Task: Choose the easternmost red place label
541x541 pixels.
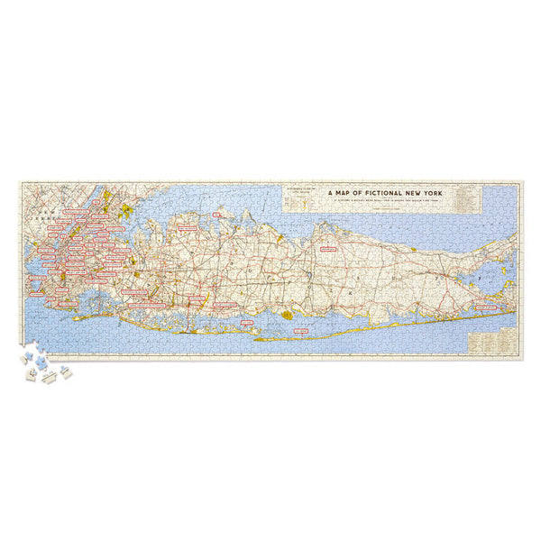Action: pyautogui.click(x=488, y=307)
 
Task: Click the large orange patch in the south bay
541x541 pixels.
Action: pyautogui.click(x=289, y=316)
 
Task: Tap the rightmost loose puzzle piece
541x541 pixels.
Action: pyautogui.click(x=68, y=372)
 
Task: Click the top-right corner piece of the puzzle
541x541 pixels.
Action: pyautogui.click(x=517, y=186)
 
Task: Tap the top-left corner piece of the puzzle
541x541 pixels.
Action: pyautogui.click(x=23, y=186)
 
